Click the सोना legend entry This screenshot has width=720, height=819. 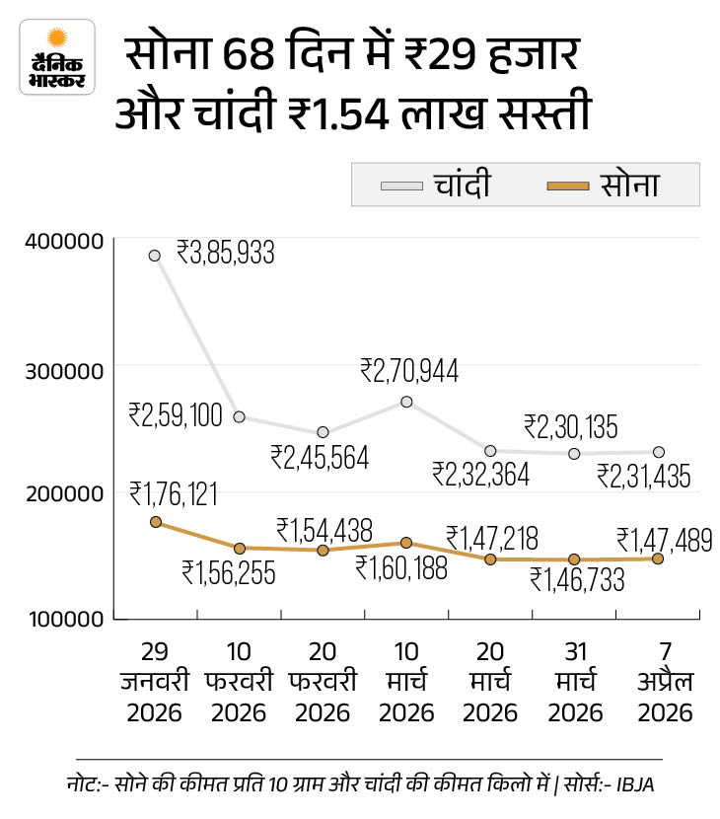(601, 185)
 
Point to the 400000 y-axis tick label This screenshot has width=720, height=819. (62, 240)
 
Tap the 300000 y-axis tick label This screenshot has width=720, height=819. (62, 370)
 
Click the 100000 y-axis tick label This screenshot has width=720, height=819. (62, 620)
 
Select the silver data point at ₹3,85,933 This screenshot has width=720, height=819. (155, 256)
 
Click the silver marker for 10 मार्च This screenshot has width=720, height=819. (406, 402)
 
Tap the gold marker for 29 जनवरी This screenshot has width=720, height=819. (155, 521)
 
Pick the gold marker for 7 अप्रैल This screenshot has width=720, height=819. (658, 558)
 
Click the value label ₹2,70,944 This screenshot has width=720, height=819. (409, 371)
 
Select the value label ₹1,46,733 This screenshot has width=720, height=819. (577, 580)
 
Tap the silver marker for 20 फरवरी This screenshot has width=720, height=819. (323, 432)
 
